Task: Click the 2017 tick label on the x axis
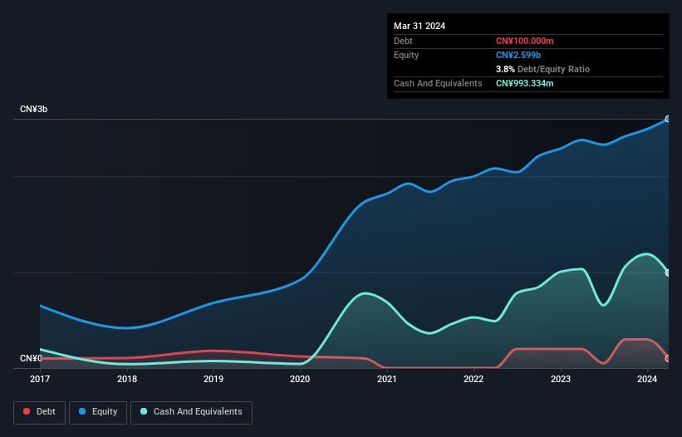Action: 40,379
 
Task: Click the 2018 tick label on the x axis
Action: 127,379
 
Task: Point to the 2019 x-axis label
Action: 213,379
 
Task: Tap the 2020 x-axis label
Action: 300,379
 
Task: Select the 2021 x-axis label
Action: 386,379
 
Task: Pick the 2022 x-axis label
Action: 473,379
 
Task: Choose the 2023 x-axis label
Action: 560,379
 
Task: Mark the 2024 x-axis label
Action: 646,379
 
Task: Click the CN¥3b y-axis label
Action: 34,110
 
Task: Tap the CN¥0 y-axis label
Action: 31,359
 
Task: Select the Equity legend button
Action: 98,412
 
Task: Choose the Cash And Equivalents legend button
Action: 191,412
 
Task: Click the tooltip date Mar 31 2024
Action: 420,26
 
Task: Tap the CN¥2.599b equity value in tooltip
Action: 519,55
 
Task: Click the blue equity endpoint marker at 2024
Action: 668,120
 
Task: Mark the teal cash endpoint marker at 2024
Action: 668,273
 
